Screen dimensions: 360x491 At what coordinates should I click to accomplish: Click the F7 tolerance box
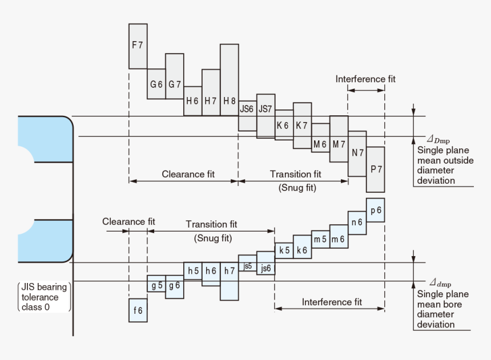tap(138, 46)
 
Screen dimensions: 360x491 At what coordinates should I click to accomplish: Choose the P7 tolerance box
tap(375, 169)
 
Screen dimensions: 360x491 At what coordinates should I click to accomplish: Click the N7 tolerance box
tap(357, 154)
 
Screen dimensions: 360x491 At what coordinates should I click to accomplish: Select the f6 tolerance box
tap(138, 310)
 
